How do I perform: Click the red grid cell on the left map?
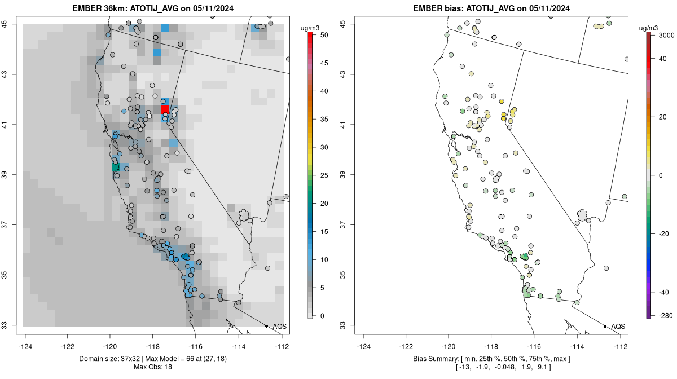click(x=165, y=109)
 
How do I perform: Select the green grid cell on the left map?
click(x=116, y=167)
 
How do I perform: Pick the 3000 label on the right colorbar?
click(x=663, y=35)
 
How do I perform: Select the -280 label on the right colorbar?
click(x=662, y=316)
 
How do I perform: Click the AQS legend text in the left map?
click(x=279, y=327)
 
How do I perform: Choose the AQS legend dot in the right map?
click(x=605, y=326)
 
